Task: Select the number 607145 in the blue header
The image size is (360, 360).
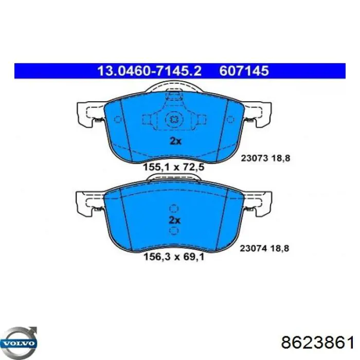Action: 244,71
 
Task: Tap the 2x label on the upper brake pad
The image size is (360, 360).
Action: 175,141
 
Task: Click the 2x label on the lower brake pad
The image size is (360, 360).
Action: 175,220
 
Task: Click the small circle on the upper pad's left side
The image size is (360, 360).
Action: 117,121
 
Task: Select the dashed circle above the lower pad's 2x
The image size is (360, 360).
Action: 174,209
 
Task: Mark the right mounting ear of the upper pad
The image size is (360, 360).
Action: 259,112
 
